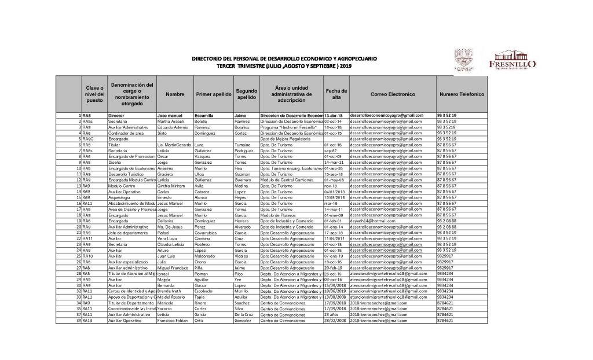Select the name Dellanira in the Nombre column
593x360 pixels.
[x=167, y=221]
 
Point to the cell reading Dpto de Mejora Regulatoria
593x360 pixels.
[x=286, y=139]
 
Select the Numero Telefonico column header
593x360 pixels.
[x=461, y=93]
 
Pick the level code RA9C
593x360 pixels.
[x=88, y=139]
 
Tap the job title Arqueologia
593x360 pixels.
[x=119, y=197]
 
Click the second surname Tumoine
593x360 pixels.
[x=244, y=145]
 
